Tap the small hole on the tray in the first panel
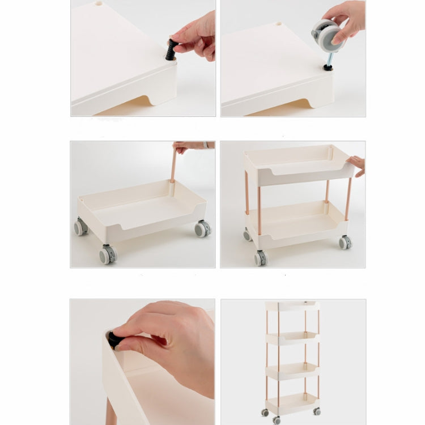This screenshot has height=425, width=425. click(99, 4)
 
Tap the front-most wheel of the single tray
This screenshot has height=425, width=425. click(107, 254)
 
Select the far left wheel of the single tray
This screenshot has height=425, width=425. click(80, 227)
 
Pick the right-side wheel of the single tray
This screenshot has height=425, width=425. click(202, 228)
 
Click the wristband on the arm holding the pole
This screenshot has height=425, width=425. click(206, 145)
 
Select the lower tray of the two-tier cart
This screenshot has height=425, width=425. click(295, 224)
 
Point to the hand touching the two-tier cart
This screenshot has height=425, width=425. click(357, 164)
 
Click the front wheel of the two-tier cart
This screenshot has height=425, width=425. click(260, 258)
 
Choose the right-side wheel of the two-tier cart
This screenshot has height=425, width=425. click(345, 243)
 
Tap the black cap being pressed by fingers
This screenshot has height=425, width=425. click(115, 340)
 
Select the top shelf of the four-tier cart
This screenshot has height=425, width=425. click(292, 307)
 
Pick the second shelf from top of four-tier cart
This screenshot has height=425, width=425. click(292, 338)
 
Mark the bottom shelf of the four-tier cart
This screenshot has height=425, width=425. click(292, 403)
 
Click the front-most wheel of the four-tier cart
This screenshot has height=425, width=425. click(276, 420)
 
